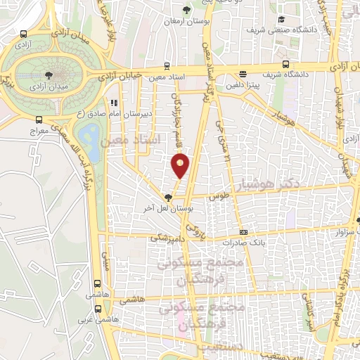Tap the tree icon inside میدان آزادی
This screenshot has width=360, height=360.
pyautogui.click(x=48, y=74)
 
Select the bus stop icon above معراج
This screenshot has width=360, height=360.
pyautogui.click(x=38, y=120)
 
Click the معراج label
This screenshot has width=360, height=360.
pyautogui.click(x=38, y=131)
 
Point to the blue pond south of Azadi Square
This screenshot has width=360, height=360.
pyautogui.click(x=89, y=134)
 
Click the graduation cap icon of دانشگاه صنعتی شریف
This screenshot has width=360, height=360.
pyautogui.click(x=281, y=20)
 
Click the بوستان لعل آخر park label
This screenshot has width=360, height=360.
pyautogui.click(x=167, y=208)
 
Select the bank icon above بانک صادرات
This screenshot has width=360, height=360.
pyautogui.click(x=243, y=232)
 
